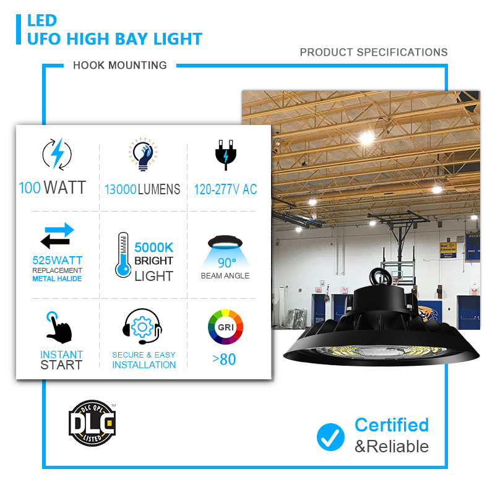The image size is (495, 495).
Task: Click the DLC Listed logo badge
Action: (92, 423)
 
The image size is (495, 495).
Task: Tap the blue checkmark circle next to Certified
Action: (330, 437)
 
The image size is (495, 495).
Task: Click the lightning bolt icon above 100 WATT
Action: (57, 154)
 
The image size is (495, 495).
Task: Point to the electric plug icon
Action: (225, 155)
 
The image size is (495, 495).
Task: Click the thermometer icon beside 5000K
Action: (123, 255)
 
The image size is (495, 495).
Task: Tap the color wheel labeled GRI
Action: (225, 327)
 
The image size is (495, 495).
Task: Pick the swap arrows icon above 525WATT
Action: (57, 236)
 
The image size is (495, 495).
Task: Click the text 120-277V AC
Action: (225, 189)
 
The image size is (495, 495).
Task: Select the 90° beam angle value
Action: (227, 263)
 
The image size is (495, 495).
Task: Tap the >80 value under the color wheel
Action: (224, 359)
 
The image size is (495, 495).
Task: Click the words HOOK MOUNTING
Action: (120, 66)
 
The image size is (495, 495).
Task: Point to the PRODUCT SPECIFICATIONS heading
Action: (374, 52)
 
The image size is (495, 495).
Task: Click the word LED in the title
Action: (42, 21)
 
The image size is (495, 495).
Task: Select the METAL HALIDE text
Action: (57, 279)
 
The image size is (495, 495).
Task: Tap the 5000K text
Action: (153, 247)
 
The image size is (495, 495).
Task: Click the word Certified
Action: (392, 424)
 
